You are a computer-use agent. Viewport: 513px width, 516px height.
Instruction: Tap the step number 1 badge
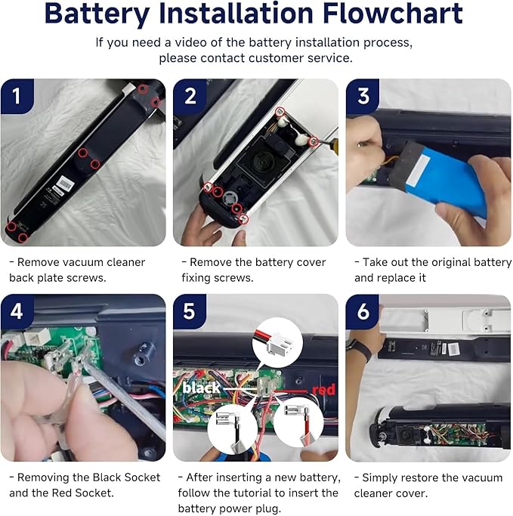(17, 97)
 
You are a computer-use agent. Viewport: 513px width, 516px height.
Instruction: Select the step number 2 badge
(190, 97)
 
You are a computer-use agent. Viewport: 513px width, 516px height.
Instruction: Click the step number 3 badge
(363, 97)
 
